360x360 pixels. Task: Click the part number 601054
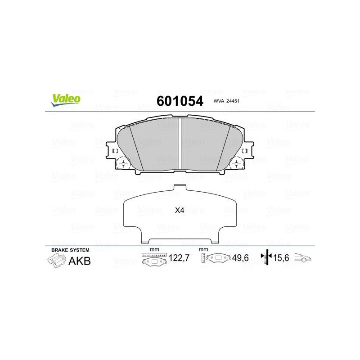click(x=180, y=101)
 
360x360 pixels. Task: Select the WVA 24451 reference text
click(x=226, y=101)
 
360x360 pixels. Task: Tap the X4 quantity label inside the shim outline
click(x=180, y=210)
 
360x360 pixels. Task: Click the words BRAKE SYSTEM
click(x=70, y=250)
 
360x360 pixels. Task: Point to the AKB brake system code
click(x=80, y=261)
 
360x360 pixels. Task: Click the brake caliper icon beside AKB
click(x=57, y=261)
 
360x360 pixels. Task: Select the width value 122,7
click(x=179, y=258)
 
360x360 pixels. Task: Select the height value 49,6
click(x=240, y=258)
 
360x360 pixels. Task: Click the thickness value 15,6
click(x=281, y=258)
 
